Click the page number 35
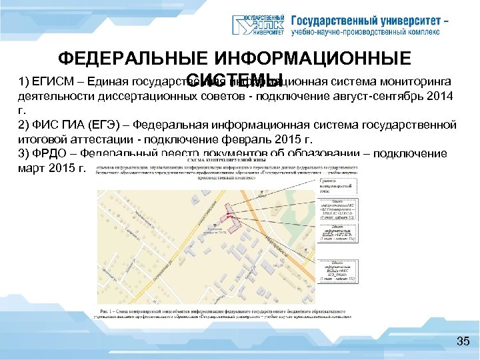pyautogui.click(x=463, y=342)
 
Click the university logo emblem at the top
pyautogui.click(x=260, y=23)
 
